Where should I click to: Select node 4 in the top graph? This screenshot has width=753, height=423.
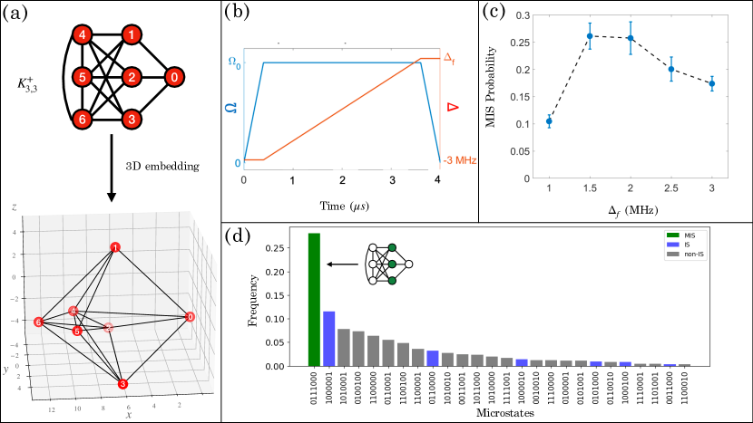[83, 36]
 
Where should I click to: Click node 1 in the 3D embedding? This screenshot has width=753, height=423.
[115, 248]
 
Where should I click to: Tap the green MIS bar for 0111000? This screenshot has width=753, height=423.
[315, 300]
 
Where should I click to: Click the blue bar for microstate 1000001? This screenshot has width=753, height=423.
[329, 339]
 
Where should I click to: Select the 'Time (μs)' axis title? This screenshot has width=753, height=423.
[340, 207]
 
